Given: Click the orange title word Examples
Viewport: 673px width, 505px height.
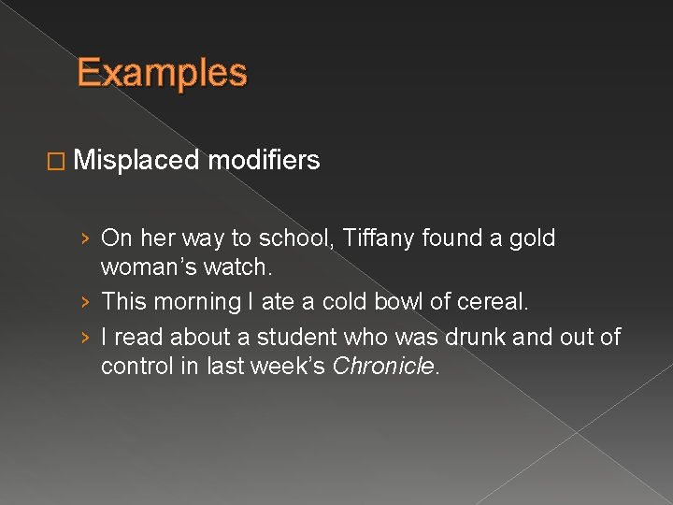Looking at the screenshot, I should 162,73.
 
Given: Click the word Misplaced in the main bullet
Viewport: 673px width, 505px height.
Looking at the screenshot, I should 136,161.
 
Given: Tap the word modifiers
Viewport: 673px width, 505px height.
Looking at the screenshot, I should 265,161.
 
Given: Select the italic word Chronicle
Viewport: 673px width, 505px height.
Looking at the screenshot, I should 383,366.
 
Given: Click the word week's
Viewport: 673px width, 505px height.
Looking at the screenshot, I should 294,366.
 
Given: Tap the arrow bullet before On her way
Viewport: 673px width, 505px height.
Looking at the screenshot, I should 85,239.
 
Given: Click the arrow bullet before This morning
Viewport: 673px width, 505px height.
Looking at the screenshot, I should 85,303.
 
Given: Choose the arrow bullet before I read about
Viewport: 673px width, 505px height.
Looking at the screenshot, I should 85,336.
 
